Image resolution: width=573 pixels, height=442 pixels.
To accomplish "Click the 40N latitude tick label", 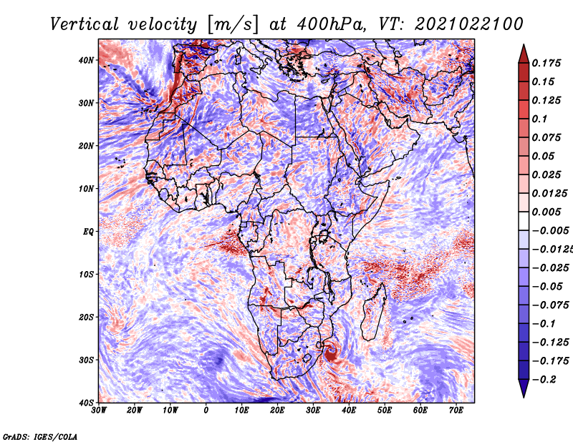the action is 86,60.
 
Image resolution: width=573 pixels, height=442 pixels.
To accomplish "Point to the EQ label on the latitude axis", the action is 88,232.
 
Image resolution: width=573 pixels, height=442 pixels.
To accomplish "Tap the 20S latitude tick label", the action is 86,317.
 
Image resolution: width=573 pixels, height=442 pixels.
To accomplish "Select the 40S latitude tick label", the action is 86,403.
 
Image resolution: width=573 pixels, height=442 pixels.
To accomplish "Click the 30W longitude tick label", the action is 99,411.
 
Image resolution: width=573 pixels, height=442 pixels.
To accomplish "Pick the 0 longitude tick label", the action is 206,411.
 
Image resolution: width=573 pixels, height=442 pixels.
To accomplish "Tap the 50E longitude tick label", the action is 385,411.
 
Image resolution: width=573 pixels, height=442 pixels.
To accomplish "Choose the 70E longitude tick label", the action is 456,411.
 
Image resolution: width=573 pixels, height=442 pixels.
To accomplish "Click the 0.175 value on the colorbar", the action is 546,63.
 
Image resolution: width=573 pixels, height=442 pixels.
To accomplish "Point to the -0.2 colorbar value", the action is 544,380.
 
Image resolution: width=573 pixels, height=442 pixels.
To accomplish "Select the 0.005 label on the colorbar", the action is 546,212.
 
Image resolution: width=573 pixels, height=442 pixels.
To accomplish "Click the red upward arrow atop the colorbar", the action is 524,54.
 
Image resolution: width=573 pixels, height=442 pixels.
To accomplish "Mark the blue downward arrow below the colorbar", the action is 524,388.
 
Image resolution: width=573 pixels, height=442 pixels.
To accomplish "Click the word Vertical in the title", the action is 85,24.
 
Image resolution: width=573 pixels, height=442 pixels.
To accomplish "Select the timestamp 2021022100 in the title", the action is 469,24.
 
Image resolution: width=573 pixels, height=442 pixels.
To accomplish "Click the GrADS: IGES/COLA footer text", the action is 40,437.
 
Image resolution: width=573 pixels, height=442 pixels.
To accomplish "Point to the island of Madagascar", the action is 374,312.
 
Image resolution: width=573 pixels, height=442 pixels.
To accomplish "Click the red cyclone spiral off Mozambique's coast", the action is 331,352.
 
